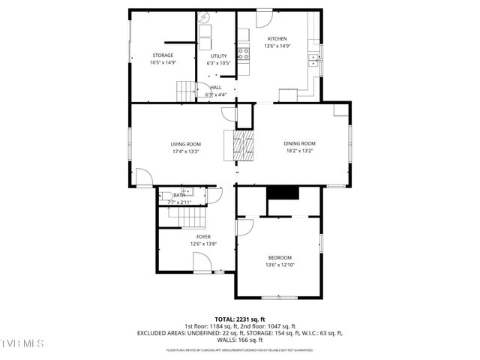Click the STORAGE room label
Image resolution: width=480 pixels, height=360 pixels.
coord(163,55)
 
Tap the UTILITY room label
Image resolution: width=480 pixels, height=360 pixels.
coord(218,56)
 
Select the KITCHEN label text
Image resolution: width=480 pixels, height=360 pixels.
coord(277,38)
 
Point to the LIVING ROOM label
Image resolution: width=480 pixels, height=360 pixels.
coord(185,144)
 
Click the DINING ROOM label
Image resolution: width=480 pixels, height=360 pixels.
coord(299,143)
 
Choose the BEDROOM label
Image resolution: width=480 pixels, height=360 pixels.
coord(280,257)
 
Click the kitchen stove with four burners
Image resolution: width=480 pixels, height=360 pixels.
coord(244,53)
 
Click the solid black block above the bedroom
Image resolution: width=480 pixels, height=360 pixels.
coord(283,193)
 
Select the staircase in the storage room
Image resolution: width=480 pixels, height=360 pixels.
coord(186,91)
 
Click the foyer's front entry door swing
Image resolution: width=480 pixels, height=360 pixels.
coord(202,262)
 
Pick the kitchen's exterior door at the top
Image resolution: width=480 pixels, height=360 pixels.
coord(264,19)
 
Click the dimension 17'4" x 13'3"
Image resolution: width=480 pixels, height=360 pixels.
coord(185,151)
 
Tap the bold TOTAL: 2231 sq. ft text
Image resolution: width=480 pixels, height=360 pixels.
coord(239,319)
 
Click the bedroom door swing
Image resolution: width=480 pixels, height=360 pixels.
coord(244,228)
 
